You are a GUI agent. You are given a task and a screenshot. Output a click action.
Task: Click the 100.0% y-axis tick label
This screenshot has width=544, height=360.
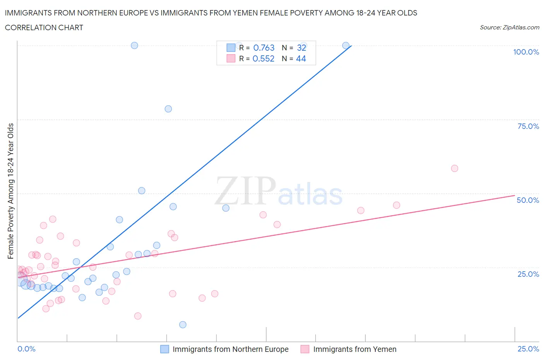coord(526,52)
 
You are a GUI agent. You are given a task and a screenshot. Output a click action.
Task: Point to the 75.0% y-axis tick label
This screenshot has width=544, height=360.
coord(528,126)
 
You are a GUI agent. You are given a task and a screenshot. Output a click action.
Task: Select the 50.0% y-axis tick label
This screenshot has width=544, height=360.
coord(528,200)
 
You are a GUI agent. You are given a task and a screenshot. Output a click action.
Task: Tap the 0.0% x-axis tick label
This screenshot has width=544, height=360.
coord(26,349)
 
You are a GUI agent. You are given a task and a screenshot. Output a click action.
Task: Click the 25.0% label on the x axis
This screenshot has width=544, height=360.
coord(528,349)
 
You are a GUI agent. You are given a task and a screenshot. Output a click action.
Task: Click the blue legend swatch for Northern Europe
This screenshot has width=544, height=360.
coord(164,349)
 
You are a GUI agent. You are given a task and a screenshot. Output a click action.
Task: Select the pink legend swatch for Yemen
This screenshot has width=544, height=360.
coord(305,349)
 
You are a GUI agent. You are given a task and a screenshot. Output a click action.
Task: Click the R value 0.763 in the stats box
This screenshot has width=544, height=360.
coord(263,48)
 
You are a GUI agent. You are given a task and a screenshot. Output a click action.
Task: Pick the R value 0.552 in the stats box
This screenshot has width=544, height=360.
coord(263,58)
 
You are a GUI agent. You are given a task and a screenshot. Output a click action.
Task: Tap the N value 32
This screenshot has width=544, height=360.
coord(301,48)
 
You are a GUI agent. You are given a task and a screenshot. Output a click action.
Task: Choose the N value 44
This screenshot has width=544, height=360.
coord(301,58)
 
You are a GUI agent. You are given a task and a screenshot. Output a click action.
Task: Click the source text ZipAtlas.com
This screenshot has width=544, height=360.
coord(509,27)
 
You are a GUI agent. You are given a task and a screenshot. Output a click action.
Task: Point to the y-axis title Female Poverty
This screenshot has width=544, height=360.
coord(10,191)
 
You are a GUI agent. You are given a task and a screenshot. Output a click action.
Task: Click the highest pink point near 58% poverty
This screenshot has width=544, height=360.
coord(455,168)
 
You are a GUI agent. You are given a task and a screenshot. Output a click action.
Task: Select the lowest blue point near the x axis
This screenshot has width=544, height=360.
coord(183,325)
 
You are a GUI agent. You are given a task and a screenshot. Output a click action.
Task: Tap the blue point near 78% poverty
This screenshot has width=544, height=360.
coord(168,109)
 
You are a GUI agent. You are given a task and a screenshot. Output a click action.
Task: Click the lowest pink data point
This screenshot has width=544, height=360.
coord(138,316)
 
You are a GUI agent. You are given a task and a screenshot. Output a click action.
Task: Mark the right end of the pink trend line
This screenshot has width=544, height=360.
coord(514,195)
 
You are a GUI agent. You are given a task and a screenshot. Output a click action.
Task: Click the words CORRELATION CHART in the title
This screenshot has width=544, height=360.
coord(44,27)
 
